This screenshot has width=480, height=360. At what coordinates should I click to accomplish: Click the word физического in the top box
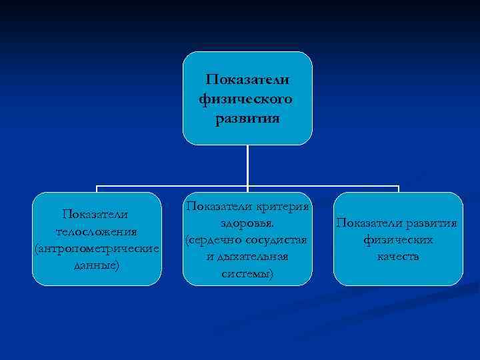click(x=245, y=100)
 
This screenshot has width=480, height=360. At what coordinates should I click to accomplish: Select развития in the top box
click(x=248, y=119)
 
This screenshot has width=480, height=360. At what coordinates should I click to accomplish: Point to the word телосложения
click(x=97, y=231)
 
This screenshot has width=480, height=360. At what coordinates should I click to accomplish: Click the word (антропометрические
click(x=97, y=249)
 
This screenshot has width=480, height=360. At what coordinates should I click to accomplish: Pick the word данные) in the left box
click(x=97, y=265)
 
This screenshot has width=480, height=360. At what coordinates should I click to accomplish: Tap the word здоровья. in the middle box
click(x=247, y=223)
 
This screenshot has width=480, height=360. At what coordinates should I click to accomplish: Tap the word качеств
click(x=398, y=257)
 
